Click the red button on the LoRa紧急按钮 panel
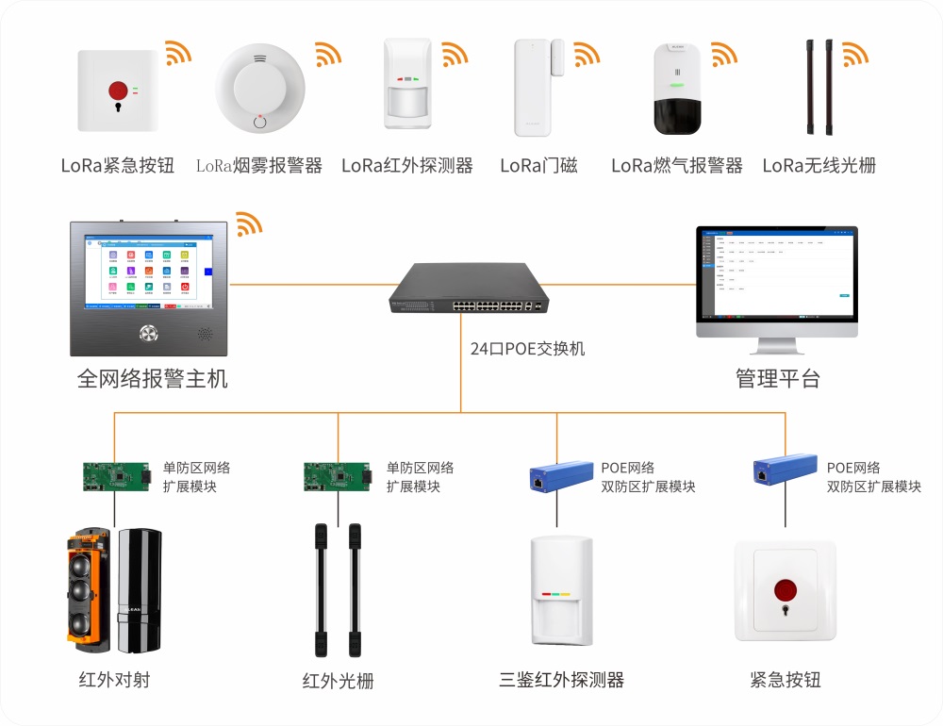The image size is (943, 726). pos(118,90)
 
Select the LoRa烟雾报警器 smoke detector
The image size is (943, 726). pos(259,90)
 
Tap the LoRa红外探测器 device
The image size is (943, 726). pos(407,85)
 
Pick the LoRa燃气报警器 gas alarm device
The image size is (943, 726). pos(677,90)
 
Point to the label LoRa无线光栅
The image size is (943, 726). pos(819,166)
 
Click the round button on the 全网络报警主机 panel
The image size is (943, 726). pos(148,333)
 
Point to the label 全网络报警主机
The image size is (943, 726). pos(153,379)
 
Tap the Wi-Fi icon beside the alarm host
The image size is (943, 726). pos(248,223)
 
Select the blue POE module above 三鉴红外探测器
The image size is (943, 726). pos(556,478)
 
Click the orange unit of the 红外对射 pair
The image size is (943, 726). pos(89,591)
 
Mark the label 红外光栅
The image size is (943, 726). pos(338,681)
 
